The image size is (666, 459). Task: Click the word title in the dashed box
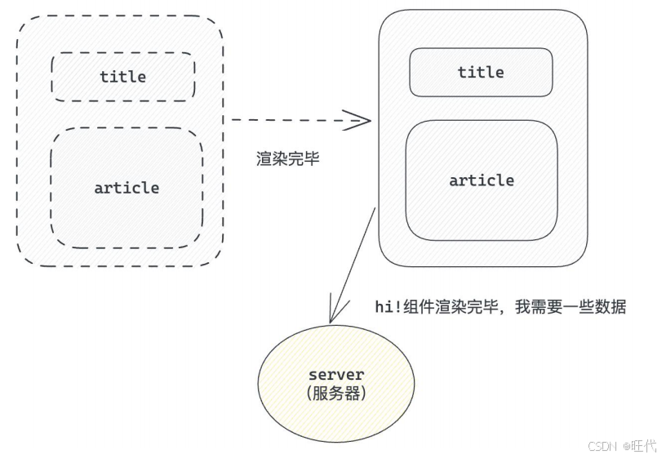(123, 77)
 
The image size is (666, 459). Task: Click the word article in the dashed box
(127, 188)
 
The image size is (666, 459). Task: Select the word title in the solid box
(481, 72)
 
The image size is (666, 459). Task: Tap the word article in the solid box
(482, 180)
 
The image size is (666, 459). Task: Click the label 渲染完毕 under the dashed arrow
(288, 159)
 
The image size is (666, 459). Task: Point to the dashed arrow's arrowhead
(362, 120)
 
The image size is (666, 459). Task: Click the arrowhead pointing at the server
(332, 315)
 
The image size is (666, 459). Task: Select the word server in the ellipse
(336, 375)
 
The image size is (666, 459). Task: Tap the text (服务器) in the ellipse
(336, 393)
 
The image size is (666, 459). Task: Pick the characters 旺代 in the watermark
(645, 446)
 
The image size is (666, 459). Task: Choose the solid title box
(428, 72)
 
